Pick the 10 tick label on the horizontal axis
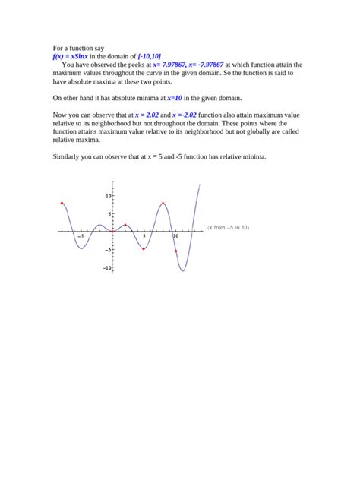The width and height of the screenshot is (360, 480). [x=175, y=236]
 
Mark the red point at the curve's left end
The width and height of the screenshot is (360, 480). [x=62, y=203]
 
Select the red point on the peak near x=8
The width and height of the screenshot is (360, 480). [x=163, y=203]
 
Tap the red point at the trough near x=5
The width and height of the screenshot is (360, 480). [x=144, y=248]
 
